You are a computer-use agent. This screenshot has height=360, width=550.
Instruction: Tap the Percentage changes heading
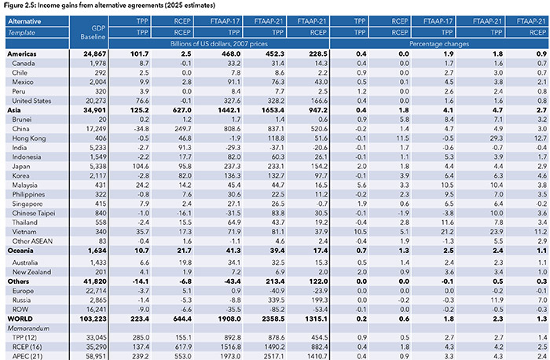(441, 49)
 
